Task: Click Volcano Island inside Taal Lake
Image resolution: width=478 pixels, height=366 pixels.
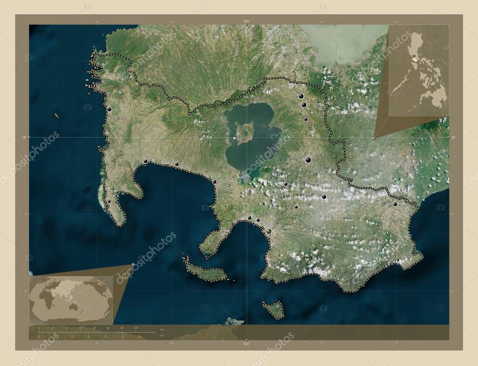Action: pos(244,133)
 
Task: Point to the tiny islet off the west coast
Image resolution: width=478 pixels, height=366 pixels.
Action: pos(56,115)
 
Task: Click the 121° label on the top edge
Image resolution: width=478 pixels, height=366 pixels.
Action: pos(246,21)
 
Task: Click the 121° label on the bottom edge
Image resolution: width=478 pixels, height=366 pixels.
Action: pos(246,344)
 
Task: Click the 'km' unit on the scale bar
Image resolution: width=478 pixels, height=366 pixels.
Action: pos(162,330)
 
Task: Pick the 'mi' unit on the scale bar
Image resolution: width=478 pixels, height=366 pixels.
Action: pos(162,336)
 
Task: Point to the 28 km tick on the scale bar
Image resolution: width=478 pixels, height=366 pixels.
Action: pos(135,329)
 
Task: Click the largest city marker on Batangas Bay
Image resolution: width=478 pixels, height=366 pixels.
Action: pos(269,230)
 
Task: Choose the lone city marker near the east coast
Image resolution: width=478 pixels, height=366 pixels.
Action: pos(395,204)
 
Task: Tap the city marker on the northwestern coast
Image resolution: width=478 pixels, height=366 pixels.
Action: pos(109,109)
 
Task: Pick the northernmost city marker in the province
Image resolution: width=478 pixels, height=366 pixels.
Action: pos(301,96)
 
